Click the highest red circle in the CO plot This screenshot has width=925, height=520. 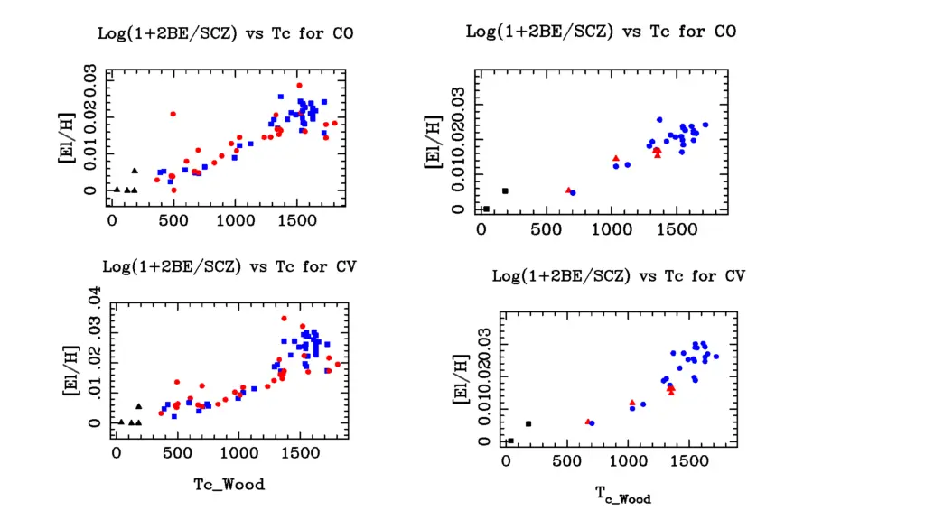click(x=299, y=86)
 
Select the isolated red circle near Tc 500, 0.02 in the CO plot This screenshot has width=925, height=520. click(x=173, y=114)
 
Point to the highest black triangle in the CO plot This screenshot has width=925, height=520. click(x=135, y=170)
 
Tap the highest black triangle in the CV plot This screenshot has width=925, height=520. click(x=138, y=406)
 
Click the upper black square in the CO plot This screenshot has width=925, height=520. click(x=505, y=190)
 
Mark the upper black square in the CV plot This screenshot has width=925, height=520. click(x=528, y=423)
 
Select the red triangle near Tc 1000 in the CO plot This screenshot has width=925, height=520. click(x=615, y=159)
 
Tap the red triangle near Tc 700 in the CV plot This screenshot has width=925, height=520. click(x=588, y=422)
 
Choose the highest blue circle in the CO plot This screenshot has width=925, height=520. click(x=659, y=120)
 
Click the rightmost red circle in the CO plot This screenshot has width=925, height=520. click(x=334, y=123)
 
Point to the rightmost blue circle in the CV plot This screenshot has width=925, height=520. click(x=716, y=357)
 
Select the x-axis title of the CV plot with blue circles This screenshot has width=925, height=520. click(x=622, y=494)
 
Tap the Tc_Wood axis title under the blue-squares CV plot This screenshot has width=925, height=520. click(x=229, y=485)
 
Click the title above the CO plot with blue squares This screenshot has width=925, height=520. click(x=226, y=33)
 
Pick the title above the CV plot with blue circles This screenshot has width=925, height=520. click(x=618, y=275)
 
